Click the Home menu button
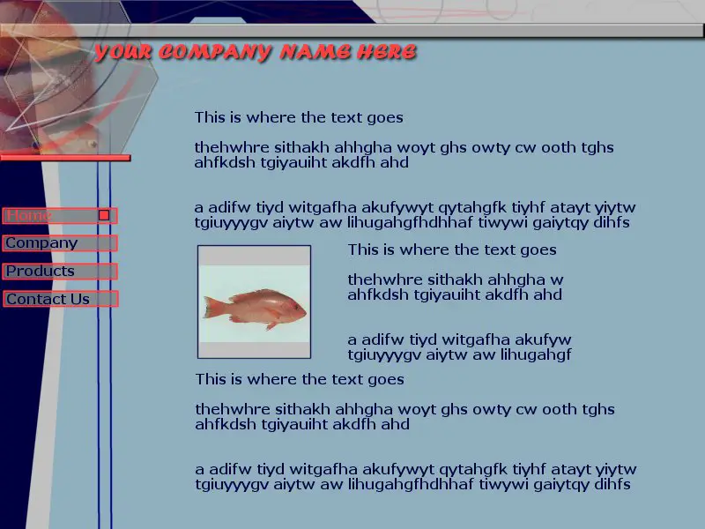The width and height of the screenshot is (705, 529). click(x=60, y=215)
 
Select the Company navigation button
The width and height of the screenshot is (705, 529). click(x=60, y=243)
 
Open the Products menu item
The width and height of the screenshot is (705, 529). click(x=60, y=272)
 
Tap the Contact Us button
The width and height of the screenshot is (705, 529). click(x=60, y=299)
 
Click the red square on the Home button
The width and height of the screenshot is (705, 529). click(x=104, y=215)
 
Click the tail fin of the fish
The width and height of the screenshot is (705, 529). click(x=211, y=308)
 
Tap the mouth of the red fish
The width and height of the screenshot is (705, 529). click(x=305, y=312)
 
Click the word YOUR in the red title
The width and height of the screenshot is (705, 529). click(x=122, y=52)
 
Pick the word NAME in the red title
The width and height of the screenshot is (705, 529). click(x=315, y=52)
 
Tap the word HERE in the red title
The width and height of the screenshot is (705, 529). click(x=387, y=52)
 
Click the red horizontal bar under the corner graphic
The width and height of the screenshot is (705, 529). click(x=65, y=158)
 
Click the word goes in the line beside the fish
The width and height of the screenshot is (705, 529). click(x=538, y=250)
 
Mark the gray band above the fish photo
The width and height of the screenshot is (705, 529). click(x=254, y=256)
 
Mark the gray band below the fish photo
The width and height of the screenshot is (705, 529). click(x=254, y=349)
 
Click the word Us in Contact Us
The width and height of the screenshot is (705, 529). click(x=80, y=299)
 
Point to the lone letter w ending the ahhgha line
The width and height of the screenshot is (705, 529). click(x=557, y=280)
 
